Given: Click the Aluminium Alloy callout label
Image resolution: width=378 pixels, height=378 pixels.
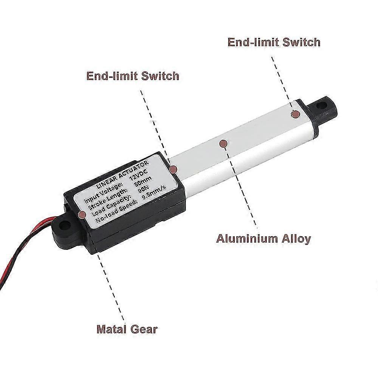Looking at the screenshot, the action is click(263, 239).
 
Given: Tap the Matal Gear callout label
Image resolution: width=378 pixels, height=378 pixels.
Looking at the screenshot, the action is click(127, 329).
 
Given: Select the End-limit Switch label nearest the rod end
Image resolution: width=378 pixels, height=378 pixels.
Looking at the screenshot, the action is click(274, 42).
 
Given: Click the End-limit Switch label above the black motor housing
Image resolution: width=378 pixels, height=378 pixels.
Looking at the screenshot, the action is click(133, 76).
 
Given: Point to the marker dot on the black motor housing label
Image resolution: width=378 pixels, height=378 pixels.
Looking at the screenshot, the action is click(82, 214).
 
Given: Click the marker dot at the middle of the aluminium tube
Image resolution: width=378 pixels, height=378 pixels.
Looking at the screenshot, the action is click(223, 144).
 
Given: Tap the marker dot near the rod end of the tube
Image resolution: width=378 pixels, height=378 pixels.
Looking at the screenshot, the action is click(295, 114).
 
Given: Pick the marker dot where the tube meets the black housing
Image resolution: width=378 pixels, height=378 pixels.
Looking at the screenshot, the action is click(174, 169).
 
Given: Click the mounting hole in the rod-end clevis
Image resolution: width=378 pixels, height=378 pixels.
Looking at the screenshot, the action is click(321, 105).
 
